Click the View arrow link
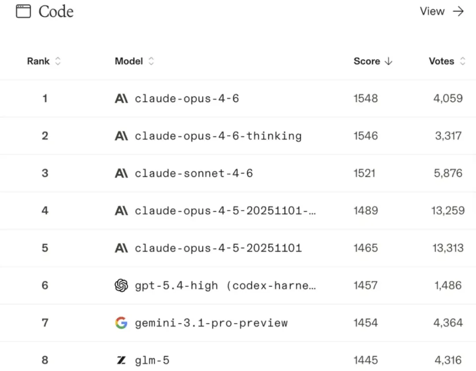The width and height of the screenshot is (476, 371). (442, 11)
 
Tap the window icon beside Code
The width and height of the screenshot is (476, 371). (23, 11)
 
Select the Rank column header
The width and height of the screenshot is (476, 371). (38, 61)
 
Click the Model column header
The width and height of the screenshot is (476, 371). (129, 61)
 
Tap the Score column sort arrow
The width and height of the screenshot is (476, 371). (388, 61)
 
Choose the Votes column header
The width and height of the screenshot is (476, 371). (441, 61)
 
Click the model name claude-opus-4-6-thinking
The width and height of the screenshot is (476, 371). (218, 136)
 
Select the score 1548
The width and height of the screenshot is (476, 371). (365, 98)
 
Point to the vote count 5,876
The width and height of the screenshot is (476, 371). (448, 173)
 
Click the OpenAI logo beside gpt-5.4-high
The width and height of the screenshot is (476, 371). (121, 285)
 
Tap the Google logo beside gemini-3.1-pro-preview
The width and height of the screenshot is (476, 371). (121, 323)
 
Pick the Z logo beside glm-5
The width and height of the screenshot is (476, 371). (121, 360)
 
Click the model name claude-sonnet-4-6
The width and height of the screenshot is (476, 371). (194, 173)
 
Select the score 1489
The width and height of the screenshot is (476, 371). (365, 210)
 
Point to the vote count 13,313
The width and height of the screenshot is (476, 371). (448, 248)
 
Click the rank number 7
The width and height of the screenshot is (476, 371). (45, 323)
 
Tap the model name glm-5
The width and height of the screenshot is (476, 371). (152, 360)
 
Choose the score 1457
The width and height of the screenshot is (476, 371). (365, 285)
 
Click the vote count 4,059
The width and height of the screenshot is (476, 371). (448, 98)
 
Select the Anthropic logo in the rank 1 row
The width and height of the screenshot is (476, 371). (121, 98)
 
